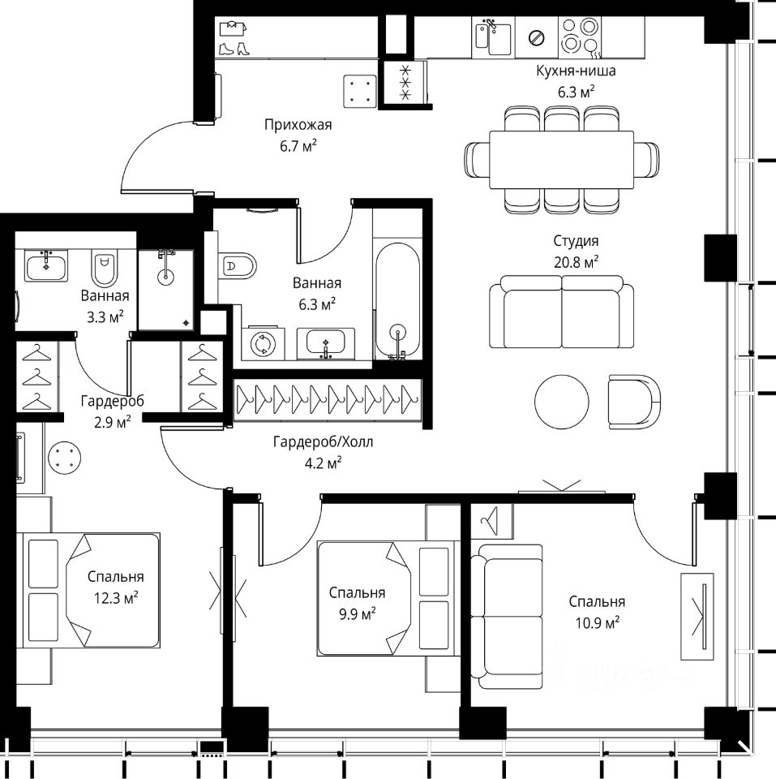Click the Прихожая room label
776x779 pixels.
coord(298,124)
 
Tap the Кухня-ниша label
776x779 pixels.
coord(576,71)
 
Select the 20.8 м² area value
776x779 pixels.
coord(576,262)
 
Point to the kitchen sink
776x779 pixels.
coord(493,37)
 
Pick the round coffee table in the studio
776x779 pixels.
coord(562,401)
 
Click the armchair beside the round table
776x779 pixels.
coord(634,402)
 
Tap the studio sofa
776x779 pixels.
coord(561,312)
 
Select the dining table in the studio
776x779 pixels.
coord(561,160)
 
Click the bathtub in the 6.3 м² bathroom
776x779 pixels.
coord(397,300)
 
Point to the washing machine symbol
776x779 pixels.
coord(264,343)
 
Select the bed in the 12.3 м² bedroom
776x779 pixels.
coord(88,591)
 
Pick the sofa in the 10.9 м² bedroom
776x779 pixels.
coord(507,617)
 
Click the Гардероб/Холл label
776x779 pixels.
coord(323,441)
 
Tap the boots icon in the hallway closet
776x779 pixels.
coord(234,49)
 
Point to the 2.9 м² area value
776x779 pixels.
coord(113,422)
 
